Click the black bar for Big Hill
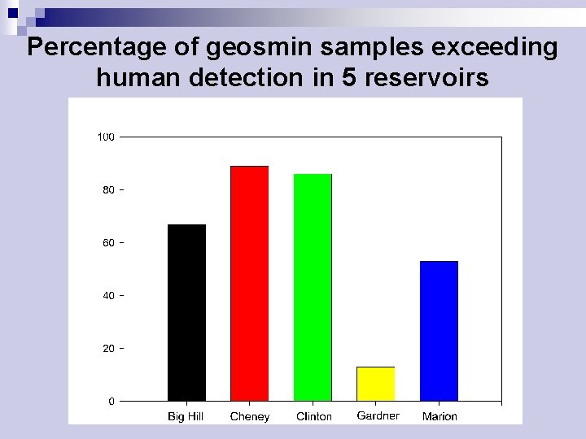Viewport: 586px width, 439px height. coord(186,312)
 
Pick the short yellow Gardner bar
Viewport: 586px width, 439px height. coord(375,384)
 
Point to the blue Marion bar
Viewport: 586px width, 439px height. coord(439,331)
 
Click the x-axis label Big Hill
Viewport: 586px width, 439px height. coord(186,416)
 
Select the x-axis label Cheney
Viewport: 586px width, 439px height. coord(249,416)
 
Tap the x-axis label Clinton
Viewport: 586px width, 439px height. coord(313,416)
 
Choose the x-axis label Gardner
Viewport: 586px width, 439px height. coord(378,415)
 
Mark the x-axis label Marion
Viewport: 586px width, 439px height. coord(439,416)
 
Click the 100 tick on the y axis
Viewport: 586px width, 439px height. coord(106,137)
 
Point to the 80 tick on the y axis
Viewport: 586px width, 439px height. coord(108,189)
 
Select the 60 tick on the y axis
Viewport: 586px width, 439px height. coord(108,242)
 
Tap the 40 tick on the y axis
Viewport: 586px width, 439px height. coord(108,295)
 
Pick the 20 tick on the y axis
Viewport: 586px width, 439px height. coord(108,348)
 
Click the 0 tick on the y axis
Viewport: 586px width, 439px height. coord(111,401)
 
